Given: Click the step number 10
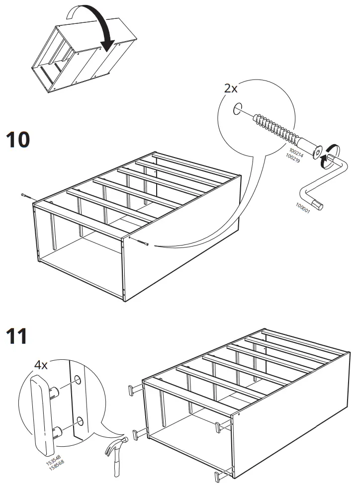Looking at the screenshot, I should tap(18, 140).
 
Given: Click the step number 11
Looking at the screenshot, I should tap(17, 336).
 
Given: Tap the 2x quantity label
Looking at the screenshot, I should tap(230, 89).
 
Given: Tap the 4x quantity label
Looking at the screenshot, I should tap(41, 365).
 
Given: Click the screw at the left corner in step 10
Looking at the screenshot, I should tap(26, 195).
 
